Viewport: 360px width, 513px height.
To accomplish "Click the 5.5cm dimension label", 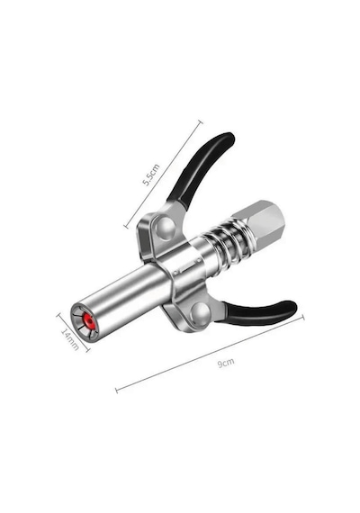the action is [x=151, y=175].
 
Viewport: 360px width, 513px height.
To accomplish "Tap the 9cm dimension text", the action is [x=226, y=363].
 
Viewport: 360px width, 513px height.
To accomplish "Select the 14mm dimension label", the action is [x=70, y=339].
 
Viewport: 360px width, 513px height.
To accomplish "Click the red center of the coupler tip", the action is [x=88, y=322].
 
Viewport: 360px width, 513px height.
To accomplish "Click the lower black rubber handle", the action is [x=258, y=313].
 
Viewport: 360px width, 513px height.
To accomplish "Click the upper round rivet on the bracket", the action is [x=166, y=228].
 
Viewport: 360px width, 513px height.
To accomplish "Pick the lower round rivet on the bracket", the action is [x=201, y=313].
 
